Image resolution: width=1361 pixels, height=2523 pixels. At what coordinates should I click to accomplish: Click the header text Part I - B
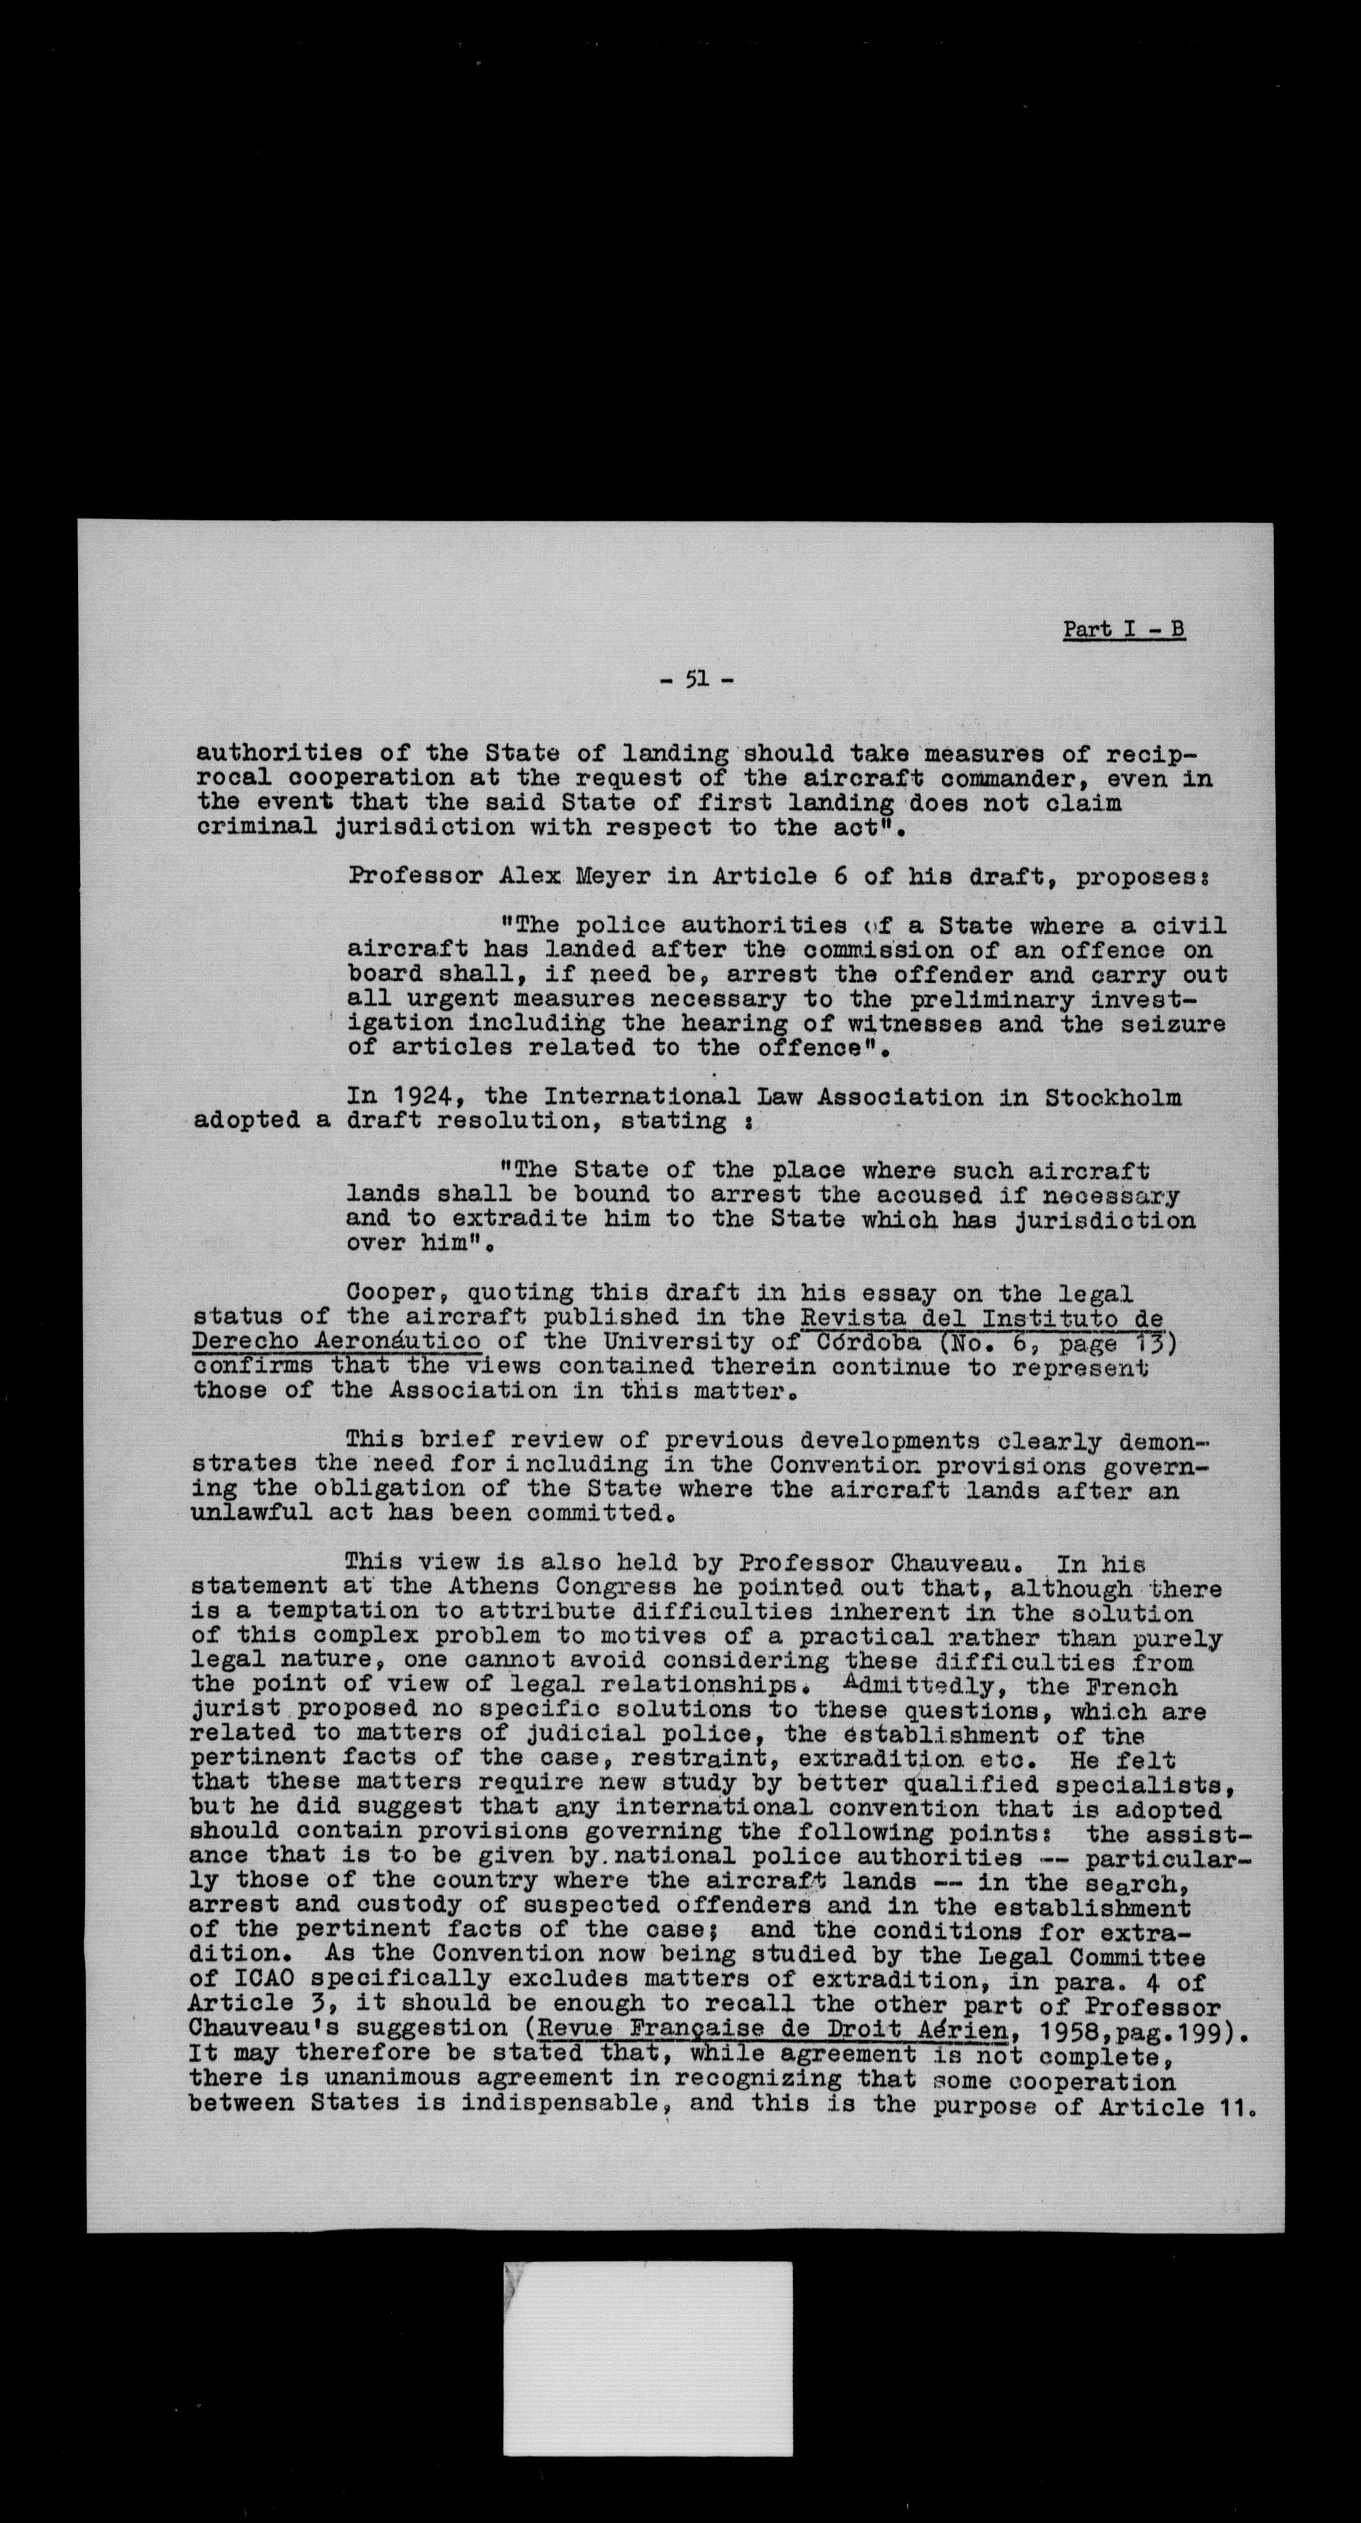[1124, 629]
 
